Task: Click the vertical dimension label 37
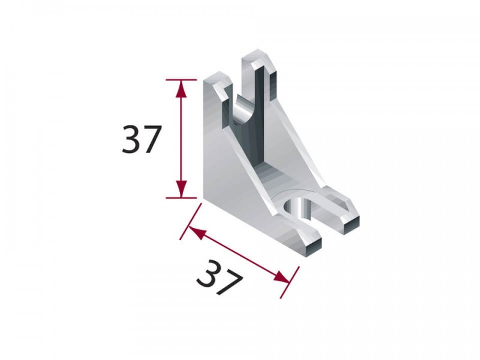141,139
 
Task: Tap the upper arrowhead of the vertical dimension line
181,89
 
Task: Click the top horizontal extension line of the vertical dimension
181,80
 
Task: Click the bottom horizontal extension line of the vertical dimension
181,198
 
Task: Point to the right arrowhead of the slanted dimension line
281,277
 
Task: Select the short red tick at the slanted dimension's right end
290,282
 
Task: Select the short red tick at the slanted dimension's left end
191,221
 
